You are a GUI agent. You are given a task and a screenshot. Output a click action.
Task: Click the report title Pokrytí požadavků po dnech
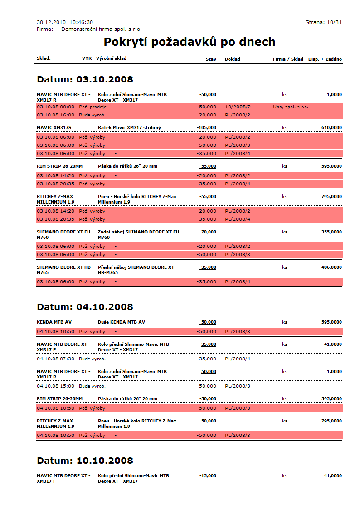(190, 42)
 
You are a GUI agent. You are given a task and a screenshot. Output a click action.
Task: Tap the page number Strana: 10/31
(324, 22)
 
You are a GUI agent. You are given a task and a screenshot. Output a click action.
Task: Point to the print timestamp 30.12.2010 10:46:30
(64, 22)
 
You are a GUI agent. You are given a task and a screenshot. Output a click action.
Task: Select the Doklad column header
(232, 59)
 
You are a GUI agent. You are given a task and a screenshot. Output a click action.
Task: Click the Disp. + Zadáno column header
(325, 59)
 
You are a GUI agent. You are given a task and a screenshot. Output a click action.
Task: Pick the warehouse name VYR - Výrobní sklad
(104, 58)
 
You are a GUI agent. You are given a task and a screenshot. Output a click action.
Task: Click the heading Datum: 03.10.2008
(85, 80)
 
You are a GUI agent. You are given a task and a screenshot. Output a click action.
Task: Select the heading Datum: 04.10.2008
(85, 307)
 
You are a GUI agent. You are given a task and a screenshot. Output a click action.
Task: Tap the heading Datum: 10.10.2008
(85, 461)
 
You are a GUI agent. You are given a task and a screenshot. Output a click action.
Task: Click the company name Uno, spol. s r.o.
(291, 107)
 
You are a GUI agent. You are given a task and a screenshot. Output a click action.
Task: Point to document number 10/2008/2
(238, 107)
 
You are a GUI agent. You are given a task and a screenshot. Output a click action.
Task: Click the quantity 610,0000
(331, 128)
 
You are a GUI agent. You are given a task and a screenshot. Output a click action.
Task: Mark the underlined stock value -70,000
(208, 232)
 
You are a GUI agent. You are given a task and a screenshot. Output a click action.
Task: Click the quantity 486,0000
(331, 267)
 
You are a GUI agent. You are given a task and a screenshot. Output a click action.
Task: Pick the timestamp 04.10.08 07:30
(55, 359)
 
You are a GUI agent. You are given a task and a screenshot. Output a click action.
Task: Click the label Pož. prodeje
(92, 107)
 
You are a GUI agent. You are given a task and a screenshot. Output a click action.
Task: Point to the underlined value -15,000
(208, 476)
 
